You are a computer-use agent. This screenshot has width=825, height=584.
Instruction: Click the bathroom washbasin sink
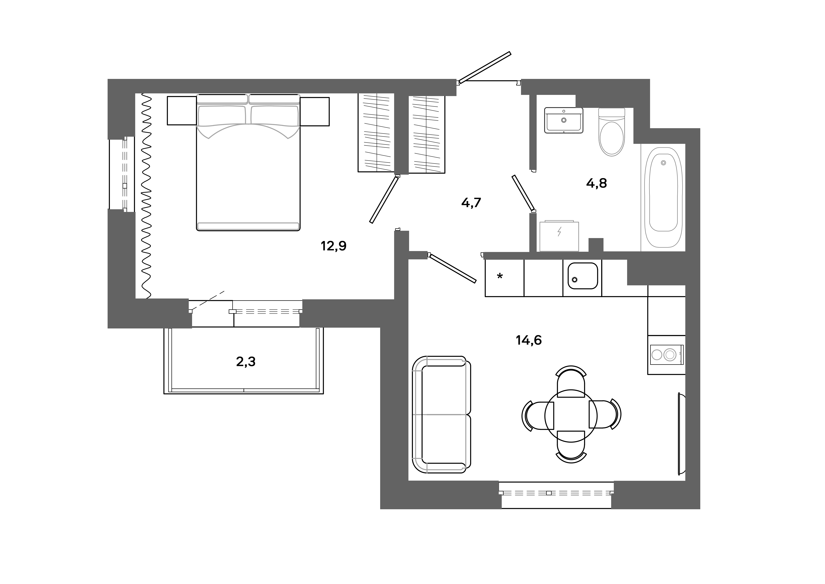click(x=563, y=121)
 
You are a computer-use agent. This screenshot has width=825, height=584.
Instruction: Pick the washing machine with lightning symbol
click(x=559, y=236)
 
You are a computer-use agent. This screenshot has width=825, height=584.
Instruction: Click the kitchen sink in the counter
click(x=583, y=276)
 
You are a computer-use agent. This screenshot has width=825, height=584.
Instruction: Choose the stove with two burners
click(x=666, y=355)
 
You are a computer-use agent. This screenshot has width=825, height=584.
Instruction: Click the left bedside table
click(x=182, y=111)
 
